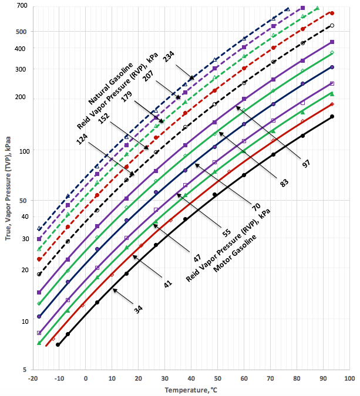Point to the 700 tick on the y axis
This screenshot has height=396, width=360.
(x=22, y=6)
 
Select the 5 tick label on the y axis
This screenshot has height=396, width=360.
(x=24, y=370)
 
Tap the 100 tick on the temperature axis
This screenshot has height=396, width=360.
(x=349, y=378)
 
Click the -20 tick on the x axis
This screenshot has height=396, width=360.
(x=32, y=378)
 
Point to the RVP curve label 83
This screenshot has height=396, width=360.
(x=285, y=183)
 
